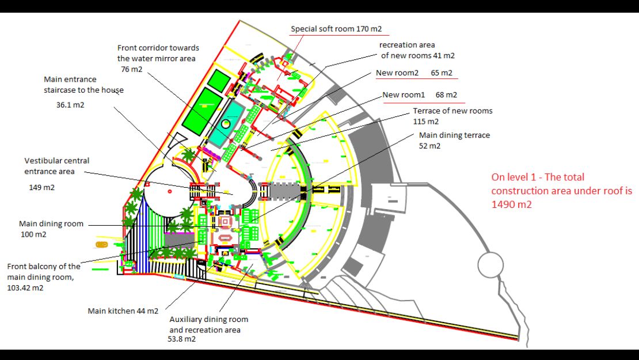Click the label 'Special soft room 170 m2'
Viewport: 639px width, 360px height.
(x=336, y=29)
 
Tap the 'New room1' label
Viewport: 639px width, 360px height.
(x=404, y=95)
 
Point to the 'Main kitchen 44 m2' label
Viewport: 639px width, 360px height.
(x=123, y=311)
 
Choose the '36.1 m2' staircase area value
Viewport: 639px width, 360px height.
(x=70, y=105)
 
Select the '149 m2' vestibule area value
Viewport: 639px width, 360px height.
(x=41, y=188)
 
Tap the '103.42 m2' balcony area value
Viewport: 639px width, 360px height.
(x=25, y=288)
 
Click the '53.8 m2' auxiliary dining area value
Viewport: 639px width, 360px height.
(x=182, y=339)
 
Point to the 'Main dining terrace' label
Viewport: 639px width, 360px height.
(x=454, y=135)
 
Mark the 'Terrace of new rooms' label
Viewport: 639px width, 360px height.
(x=452, y=111)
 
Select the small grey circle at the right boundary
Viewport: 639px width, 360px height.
(x=490, y=265)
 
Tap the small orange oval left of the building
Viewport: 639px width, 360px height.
(x=101, y=245)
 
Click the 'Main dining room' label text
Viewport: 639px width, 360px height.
(x=51, y=224)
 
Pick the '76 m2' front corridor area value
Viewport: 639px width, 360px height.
(x=132, y=69)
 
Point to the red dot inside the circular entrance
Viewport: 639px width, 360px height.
(x=169, y=191)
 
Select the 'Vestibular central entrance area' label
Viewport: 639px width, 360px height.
(x=56, y=166)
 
